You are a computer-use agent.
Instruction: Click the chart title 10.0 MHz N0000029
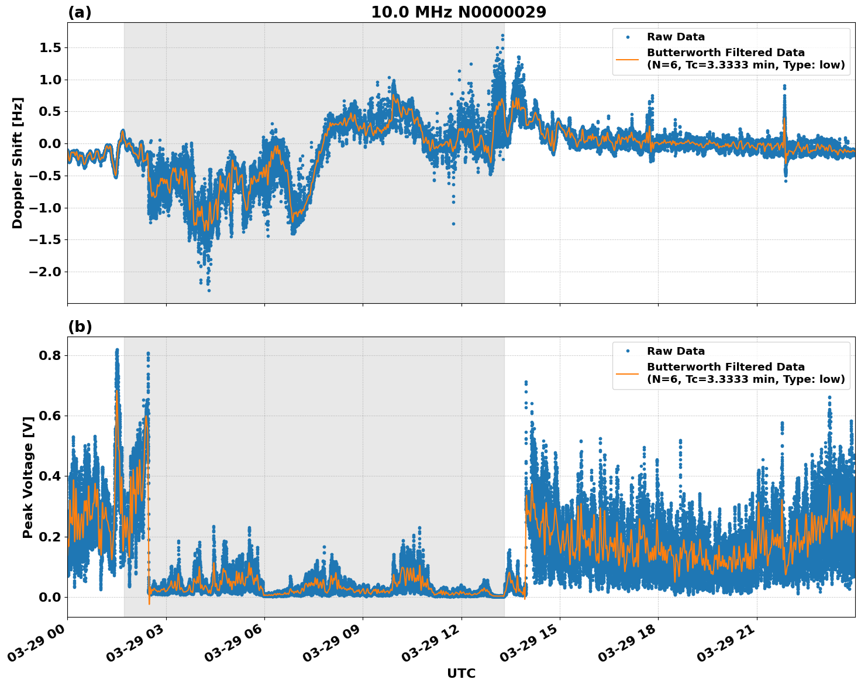click(x=458, y=12)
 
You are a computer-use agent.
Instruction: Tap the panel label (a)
click(x=80, y=12)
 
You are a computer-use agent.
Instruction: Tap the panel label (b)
click(x=80, y=327)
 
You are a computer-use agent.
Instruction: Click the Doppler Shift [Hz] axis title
click(x=18, y=163)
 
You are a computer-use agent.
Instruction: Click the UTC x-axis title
click(x=461, y=673)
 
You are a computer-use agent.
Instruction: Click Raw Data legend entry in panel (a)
click(x=676, y=37)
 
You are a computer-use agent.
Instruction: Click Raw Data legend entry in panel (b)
click(x=676, y=351)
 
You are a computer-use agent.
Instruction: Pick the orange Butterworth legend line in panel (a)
click(x=628, y=59)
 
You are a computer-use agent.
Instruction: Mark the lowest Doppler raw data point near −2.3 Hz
click(x=209, y=290)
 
